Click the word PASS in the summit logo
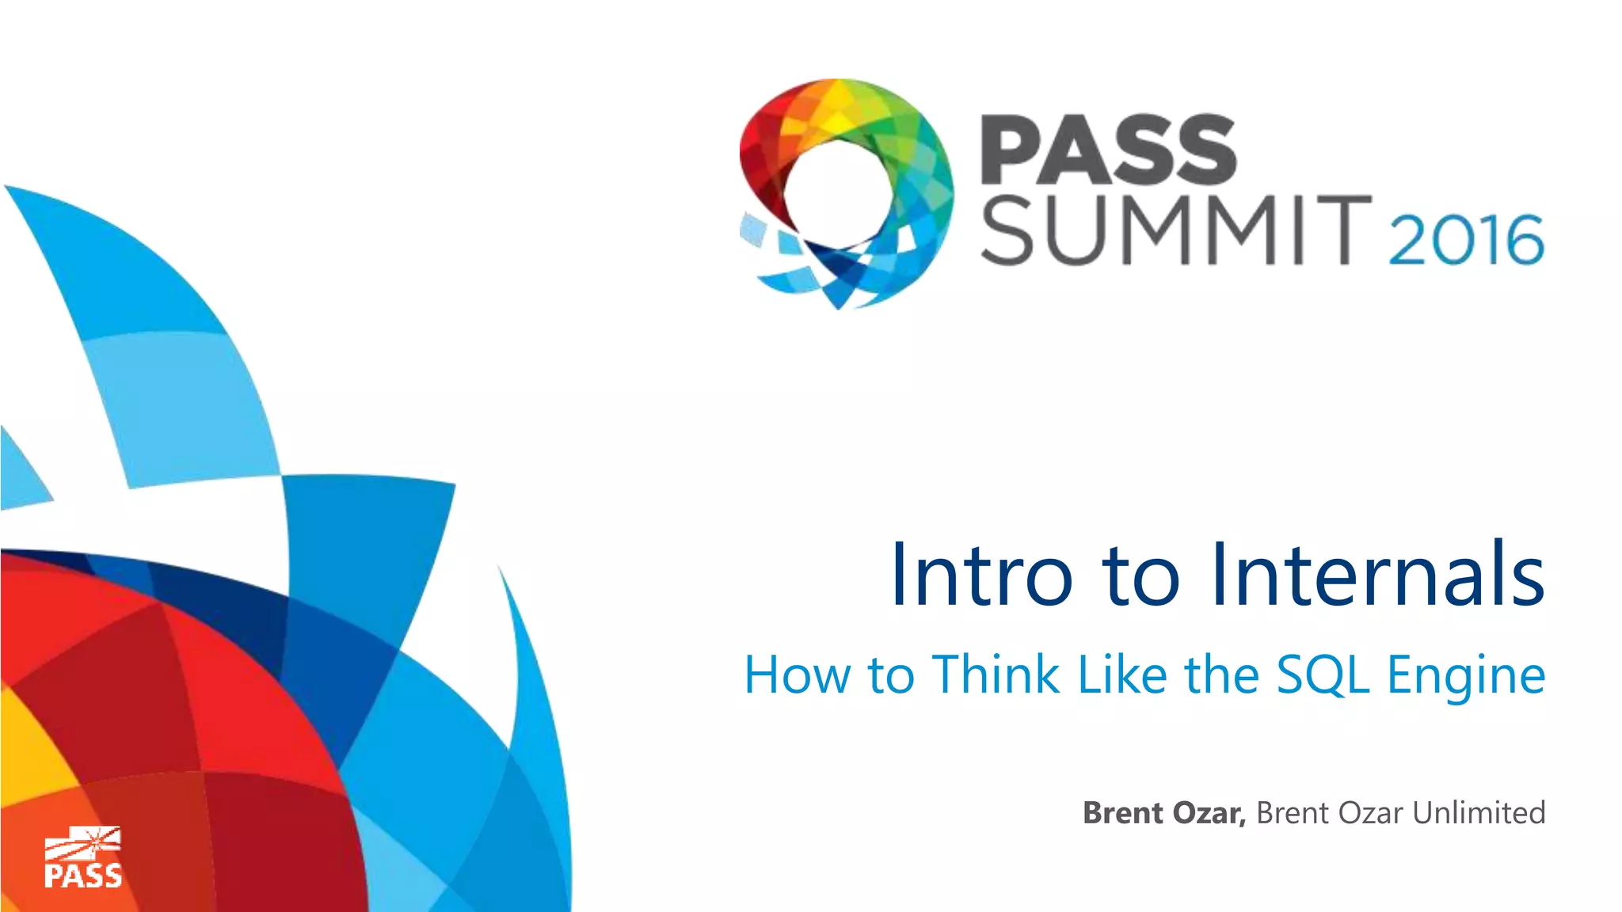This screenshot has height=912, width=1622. pos(1107,150)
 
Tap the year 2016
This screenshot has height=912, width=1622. pos(1466,239)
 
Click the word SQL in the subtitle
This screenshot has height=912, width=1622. pos(1323,674)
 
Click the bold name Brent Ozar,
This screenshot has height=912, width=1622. pos(1164,813)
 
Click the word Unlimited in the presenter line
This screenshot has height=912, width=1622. pos(1479,813)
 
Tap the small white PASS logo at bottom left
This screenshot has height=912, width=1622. pos(82,859)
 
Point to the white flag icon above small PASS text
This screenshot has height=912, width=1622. pos(82,844)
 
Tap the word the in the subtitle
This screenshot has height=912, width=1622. pos(1221,674)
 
